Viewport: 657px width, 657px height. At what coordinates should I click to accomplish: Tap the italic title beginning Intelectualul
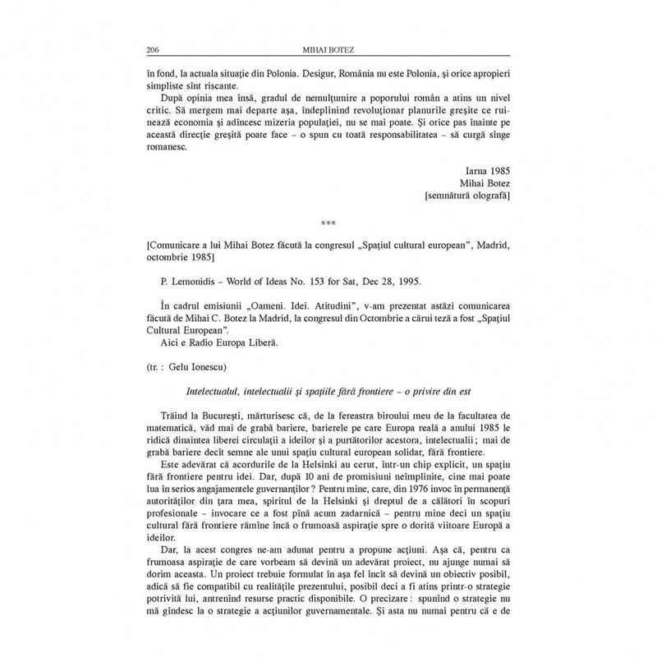point(328,393)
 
